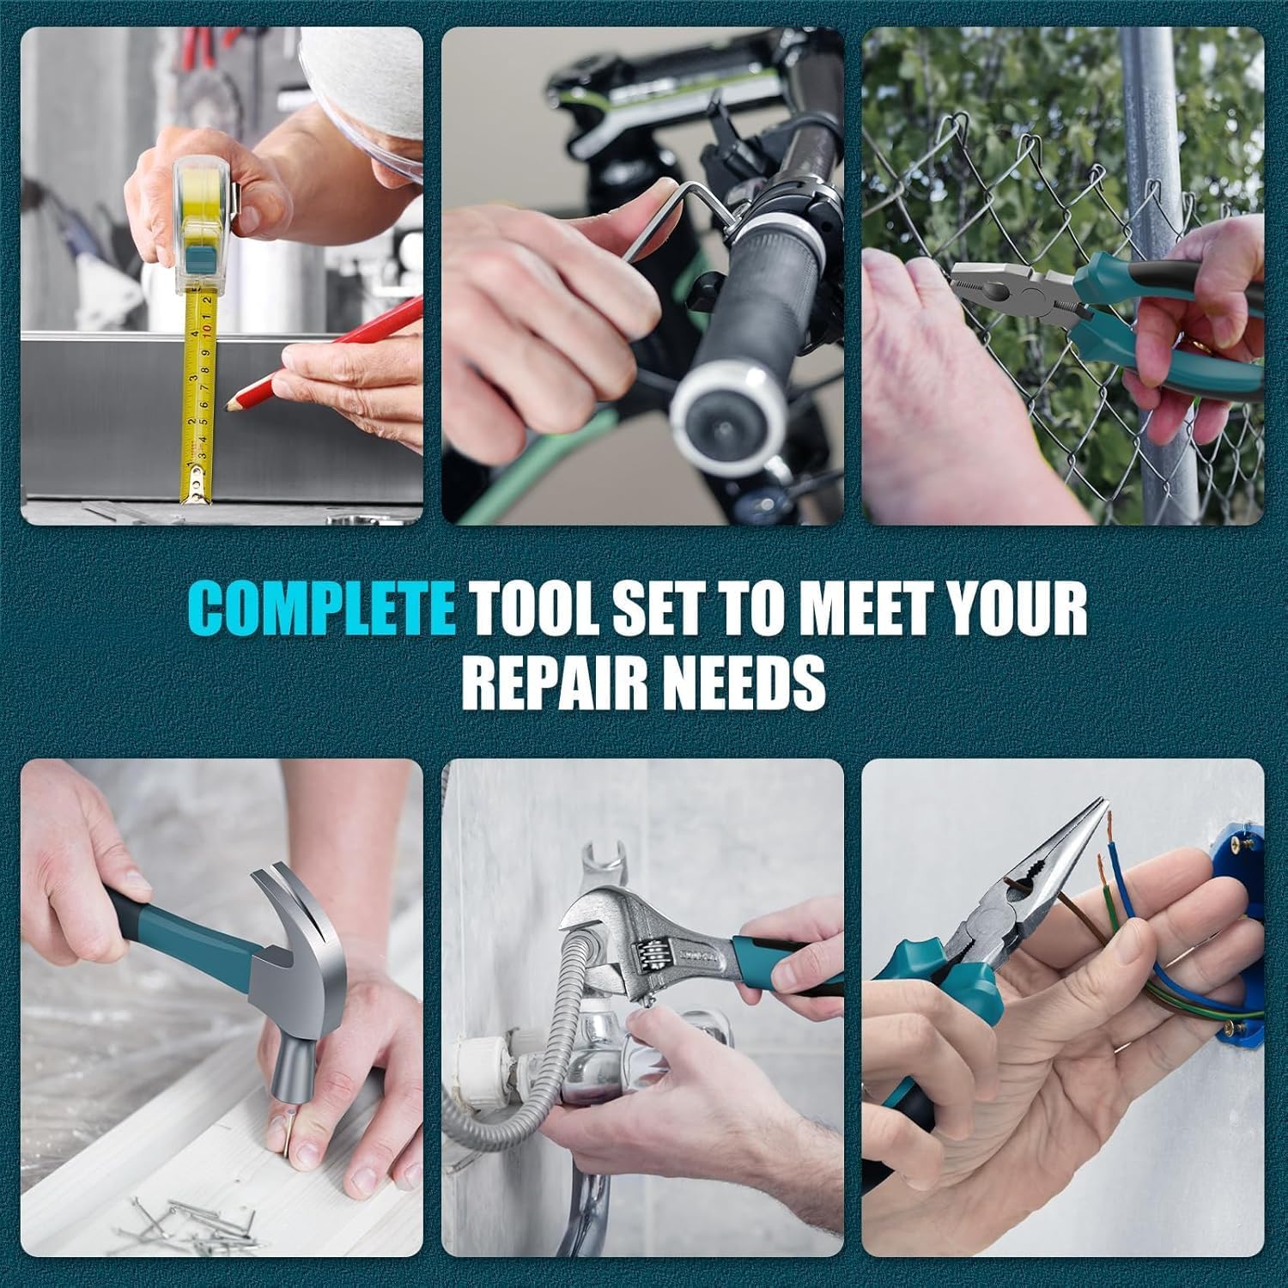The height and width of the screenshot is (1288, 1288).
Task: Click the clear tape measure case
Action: coord(206,223)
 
